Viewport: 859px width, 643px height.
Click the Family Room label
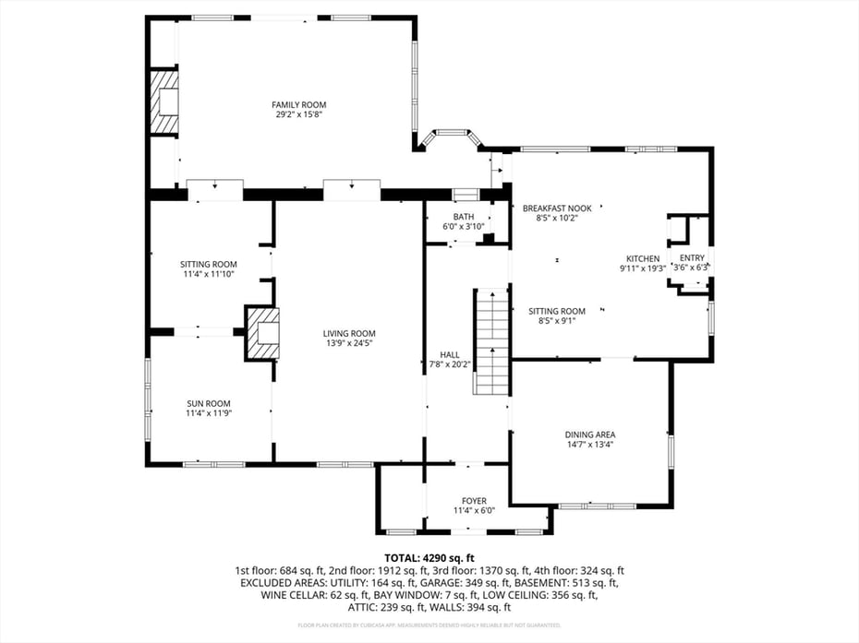click(298, 104)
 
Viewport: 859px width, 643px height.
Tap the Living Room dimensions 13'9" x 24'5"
click(349, 343)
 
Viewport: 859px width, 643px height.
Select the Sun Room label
click(208, 403)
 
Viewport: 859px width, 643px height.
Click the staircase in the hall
click(492, 341)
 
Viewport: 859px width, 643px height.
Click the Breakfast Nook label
click(557, 208)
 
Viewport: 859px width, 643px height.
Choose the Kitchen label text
click(643, 258)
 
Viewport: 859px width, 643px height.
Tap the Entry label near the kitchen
click(692, 258)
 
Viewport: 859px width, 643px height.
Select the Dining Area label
click(590, 435)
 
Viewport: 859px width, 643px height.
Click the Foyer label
click(474, 501)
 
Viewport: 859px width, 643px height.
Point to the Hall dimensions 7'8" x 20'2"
click(449, 364)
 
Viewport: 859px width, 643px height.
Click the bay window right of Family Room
click(450, 138)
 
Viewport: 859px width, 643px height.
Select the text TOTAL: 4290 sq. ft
click(429, 558)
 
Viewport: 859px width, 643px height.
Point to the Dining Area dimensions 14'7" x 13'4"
click(590, 445)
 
